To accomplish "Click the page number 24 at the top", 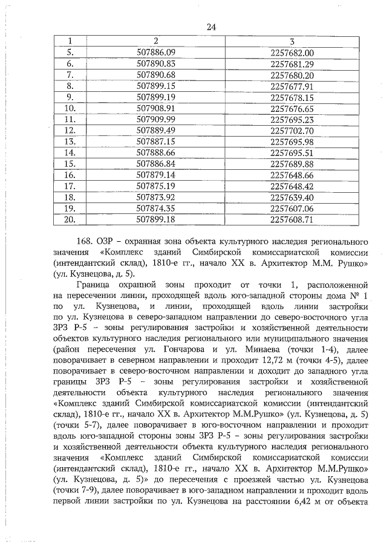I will (211, 26).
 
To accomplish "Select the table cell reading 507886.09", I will (155, 53).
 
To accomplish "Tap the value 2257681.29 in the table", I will (292, 64).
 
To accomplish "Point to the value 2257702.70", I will (292, 131).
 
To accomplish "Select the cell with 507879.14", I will (155, 175).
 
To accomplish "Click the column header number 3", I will (292, 41).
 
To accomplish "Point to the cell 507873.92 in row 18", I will (155, 197).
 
